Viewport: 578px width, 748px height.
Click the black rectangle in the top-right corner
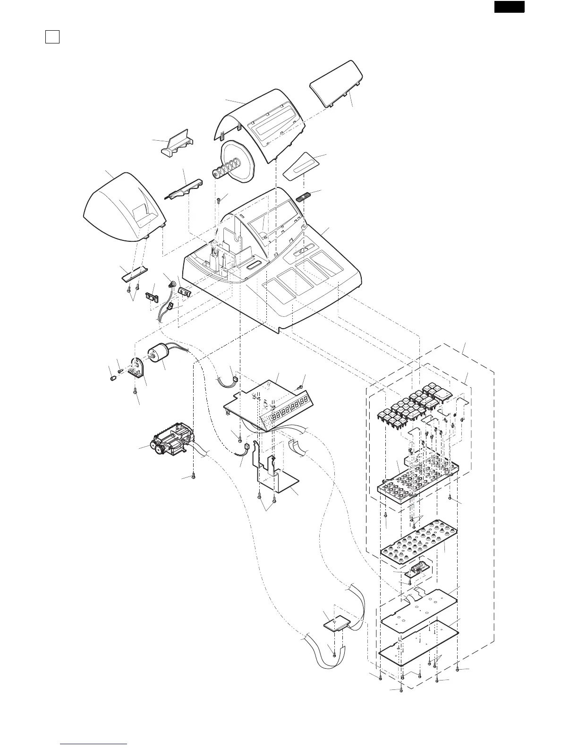click(510, 7)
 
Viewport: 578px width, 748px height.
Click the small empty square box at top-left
click(52, 37)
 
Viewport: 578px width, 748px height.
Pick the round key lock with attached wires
click(171, 285)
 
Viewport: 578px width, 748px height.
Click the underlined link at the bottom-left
click(94, 743)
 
